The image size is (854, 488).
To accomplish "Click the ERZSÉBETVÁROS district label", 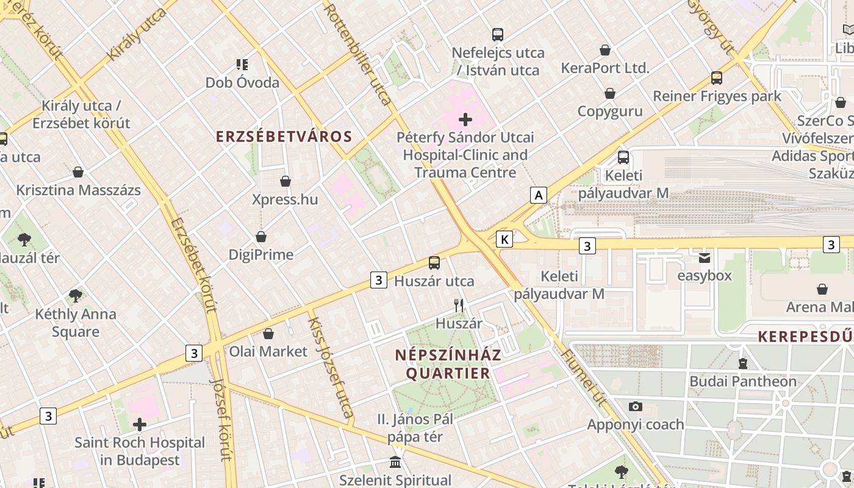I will [284, 136].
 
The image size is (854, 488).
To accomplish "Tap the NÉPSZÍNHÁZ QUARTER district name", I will [448, 364].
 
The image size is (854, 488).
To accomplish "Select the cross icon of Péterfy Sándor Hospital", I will [465, 120].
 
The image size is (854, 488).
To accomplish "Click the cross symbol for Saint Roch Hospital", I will [140, 424].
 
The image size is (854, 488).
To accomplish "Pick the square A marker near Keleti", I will [538, 195].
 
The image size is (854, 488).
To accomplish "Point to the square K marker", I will [504, 239].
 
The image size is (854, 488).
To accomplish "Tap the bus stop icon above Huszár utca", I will [434, 263].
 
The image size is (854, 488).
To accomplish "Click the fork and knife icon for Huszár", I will [459, 306].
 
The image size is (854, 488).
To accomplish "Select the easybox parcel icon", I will [705, 258].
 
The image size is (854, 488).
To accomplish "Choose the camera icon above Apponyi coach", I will [636, 406].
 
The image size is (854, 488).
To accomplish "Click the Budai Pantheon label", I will [742, 381].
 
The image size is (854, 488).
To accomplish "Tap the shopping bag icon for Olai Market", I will [268, 334].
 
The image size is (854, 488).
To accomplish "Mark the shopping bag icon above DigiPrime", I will [261, 237].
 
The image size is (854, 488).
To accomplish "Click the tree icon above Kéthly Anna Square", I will [76, 296].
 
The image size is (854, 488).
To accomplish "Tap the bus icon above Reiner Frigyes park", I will [717, 78].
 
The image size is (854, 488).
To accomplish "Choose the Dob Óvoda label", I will [242, 82].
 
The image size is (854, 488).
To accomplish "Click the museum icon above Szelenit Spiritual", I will [395, 462].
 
